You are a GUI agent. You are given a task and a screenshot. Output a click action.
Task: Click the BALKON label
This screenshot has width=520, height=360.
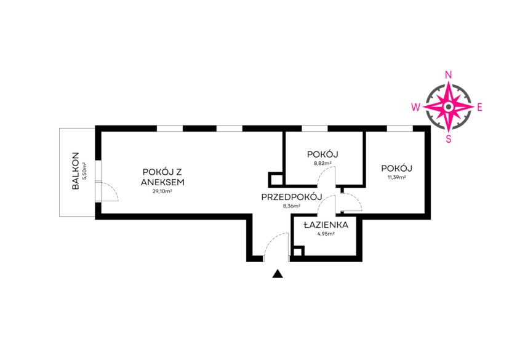pos(75,171)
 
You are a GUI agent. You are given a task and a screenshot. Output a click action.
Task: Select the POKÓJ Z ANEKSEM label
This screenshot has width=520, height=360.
pos(162,177)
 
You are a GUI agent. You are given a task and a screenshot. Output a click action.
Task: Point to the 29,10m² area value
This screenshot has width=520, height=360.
pos(162,191)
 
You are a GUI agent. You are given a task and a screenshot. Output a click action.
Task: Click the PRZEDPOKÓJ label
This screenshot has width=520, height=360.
pos(292,197)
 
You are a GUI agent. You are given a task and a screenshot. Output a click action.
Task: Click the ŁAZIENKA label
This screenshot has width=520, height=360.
pos(326,225)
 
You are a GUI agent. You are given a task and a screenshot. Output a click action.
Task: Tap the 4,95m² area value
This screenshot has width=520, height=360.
pos(326,234)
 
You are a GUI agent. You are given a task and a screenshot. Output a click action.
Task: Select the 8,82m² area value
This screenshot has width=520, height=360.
pos(323,164)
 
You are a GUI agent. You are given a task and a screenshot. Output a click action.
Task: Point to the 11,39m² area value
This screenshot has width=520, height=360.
pos(396,177)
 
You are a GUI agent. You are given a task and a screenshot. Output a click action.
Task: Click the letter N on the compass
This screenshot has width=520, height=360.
pos(449,74)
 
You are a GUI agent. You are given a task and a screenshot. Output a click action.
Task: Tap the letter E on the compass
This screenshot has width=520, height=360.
pos(479,106)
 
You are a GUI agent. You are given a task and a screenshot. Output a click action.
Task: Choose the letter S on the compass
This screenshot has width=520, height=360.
pos(449,138)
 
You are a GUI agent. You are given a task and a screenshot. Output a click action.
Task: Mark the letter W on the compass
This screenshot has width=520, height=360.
pos(416,106)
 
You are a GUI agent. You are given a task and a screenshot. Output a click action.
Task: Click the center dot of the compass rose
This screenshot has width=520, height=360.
pos(449,106)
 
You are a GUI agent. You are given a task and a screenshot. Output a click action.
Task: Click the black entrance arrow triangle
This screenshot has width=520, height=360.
pos(278,274)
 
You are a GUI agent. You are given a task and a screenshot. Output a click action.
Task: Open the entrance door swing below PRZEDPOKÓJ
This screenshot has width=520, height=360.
pos(275,246)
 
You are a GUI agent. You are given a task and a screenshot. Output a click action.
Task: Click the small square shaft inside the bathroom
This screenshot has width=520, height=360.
pos(298,252)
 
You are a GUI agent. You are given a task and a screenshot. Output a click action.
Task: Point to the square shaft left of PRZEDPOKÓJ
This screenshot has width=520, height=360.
pos(276,179)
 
